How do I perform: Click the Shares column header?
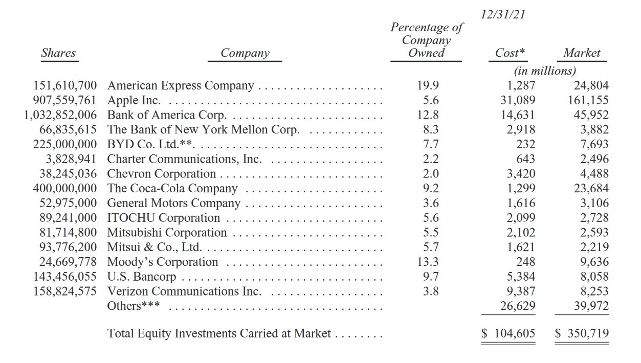pyautogui.click(x=58, y=53)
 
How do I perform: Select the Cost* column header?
pyautogui.click(x=510, y=53)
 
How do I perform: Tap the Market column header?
pyautogui.click(x=582, y=53)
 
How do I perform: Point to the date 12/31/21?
pyautogui.click(x=503, y=15)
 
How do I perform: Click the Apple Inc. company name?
pyautogui.click(x=134, y=101)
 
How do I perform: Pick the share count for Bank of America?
pyautogui.click(x=60, y=116)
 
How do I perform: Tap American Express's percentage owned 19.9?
pyautogui.click(x=428, y=86)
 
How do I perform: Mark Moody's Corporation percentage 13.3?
pyautogui.click(x=428, y=262)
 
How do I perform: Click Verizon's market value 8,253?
pyautogui.click(x=591, y=291)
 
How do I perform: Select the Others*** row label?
pyautogui.click(x=133, y=306)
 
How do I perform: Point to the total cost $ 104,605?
pyautogui.click(x=509, y=334)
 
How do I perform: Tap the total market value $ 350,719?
pyautogui.click(x=582, y=334)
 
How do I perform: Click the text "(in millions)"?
pyautogui.click(x=545, y=71)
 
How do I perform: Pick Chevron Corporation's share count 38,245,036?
pyautogui.click(x=64, y=174)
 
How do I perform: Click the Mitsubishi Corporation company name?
pyautogui.click(x=167, y=233)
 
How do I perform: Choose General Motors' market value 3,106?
pyautogui.click(x=594, y=203)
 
